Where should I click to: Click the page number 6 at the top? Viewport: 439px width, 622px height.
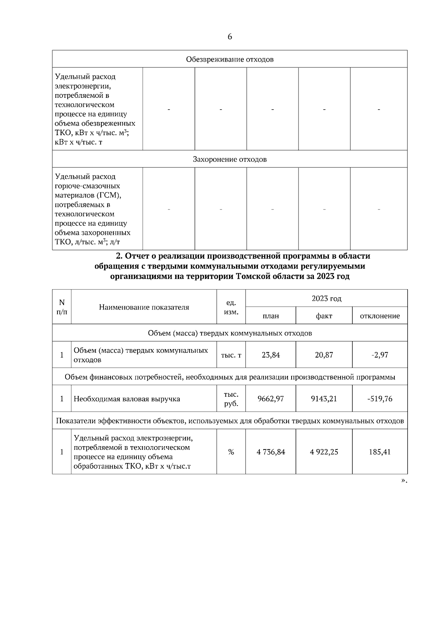point(230,37)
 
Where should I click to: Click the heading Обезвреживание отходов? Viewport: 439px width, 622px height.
point(230,59)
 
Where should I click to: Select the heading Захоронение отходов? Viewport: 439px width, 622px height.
point(230,159)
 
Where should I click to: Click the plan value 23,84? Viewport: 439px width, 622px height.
point(271,355)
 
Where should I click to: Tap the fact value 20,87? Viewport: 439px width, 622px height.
point(324,355)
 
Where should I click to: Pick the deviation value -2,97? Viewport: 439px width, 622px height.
point(380,355)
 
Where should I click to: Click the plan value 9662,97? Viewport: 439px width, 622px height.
point(271,399)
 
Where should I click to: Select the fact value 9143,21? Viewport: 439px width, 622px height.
point(324,399)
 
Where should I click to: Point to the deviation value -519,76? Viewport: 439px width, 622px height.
point(380,399)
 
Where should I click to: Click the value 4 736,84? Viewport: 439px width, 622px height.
point(271,452)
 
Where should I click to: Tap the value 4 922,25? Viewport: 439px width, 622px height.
point(324,452)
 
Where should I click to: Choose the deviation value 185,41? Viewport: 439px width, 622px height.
point(380,452)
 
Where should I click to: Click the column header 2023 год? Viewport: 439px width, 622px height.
point(326,299)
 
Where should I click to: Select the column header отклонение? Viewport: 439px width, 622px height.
point(380,316)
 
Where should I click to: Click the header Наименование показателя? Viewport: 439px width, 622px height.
point(144,307)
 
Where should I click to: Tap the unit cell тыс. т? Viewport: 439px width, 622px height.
point(231,355)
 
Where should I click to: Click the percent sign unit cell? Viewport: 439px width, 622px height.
point(231,452)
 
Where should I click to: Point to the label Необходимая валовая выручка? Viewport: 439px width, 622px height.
point(127,399)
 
